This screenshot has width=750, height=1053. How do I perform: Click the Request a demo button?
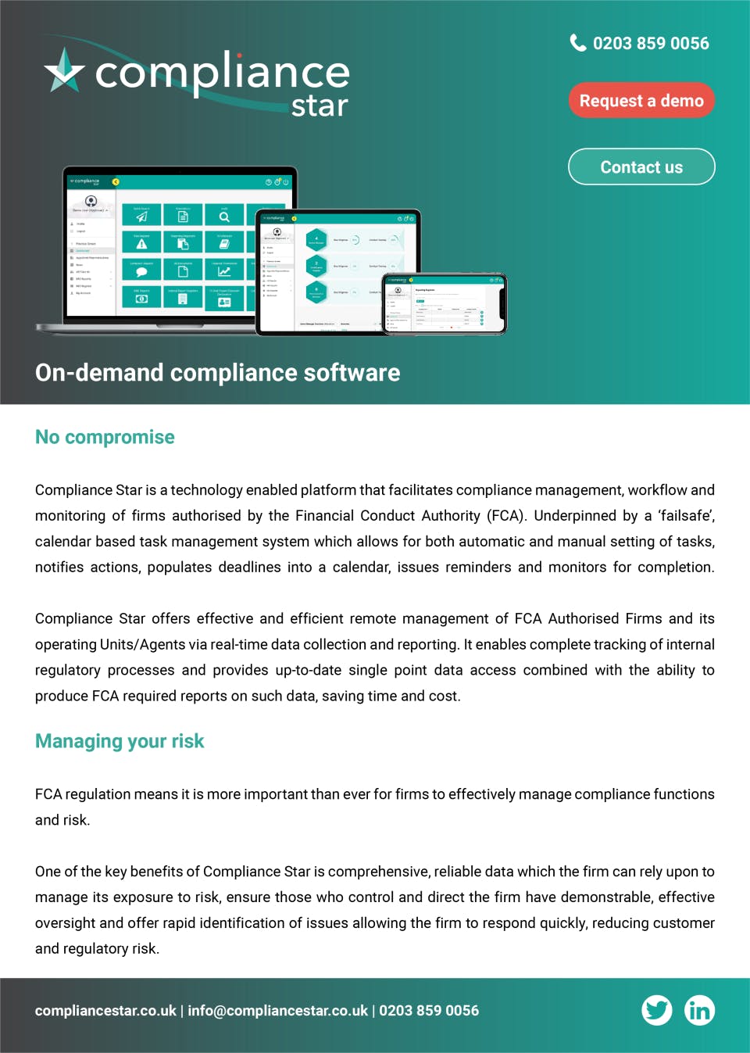pyautogui.click(x=641, y=101)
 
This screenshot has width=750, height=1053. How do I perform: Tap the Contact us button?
pyautogui.click(x=641, y=167)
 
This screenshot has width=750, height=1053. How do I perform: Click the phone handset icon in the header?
pyautogui.click(x=578, y=43)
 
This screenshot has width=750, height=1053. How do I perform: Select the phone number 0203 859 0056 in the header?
pyautogui.click(x=651, y=44)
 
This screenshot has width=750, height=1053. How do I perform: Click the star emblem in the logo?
pyautogui.click(x=64, y=71)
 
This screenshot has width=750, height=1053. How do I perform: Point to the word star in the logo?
pyautogui.click(x=320, y=106)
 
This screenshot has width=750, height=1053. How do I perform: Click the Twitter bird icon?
pyautogui.click(x=657, y=1010)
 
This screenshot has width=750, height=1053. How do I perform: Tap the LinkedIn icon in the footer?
pyautogui.click(x=699, y=1010)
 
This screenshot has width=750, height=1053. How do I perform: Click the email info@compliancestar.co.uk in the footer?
pyautogui.click(x=277, y=1011)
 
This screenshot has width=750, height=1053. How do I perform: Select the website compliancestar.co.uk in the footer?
pyautogui.click(x=105, y=1011)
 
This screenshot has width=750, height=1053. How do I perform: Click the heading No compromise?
pyautogui.click(x=105, y=437)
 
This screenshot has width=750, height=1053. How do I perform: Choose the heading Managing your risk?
pyautogui.click(x=120, y=741)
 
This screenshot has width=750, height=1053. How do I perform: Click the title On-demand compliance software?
pyautogui.click(x=217, y=373)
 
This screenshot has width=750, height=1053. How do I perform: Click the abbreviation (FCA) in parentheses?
pyautogui.click(x=507, y=516)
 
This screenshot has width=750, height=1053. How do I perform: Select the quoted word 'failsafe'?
pyautogui.click(x=685, y=516)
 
